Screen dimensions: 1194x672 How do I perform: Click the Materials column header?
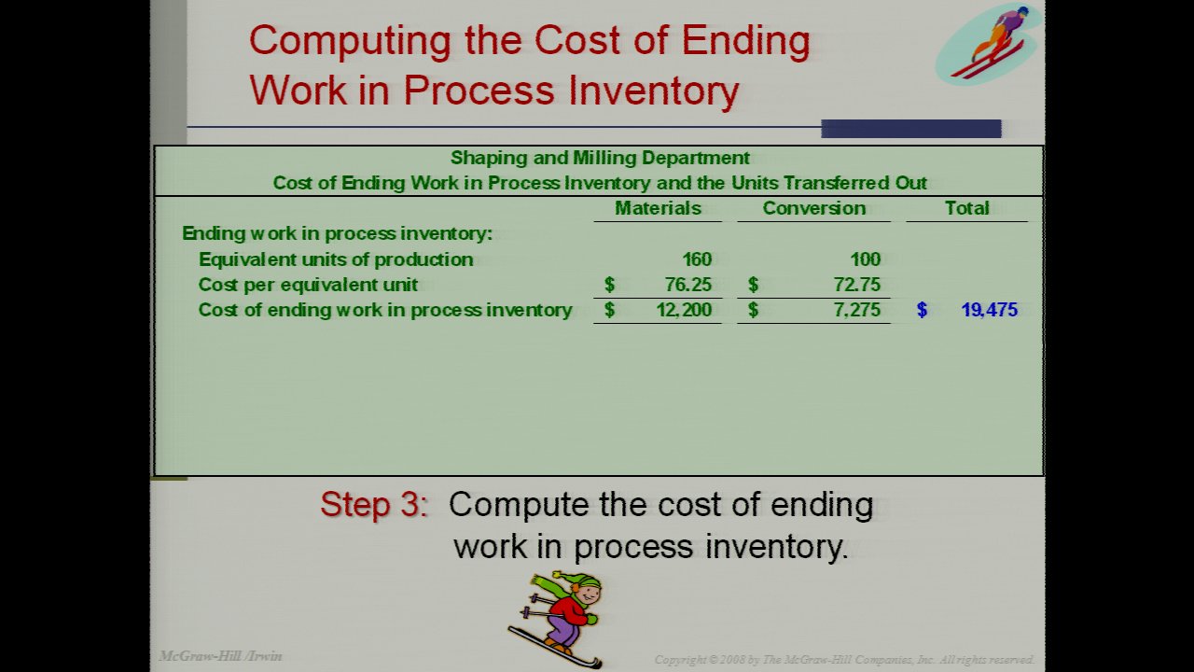point(658,208)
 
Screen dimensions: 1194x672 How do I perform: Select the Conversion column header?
point(814,208)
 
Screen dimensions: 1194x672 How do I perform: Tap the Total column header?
point(967,208)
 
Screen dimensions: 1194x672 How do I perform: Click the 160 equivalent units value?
point(697,259)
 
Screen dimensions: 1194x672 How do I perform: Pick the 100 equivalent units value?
point(865,259)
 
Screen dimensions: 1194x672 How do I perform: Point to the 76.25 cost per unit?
point(688,285)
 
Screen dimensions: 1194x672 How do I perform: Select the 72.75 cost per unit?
point(857,285)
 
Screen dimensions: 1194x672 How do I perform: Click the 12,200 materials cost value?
point(684,310)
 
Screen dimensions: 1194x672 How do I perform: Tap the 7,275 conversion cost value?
point(857,310)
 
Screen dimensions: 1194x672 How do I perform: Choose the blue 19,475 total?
point(990,310)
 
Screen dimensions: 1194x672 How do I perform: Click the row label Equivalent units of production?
point(336,259)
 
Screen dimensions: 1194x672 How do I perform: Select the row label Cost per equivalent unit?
point(308,285)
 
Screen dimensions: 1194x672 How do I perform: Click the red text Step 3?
point(374,504)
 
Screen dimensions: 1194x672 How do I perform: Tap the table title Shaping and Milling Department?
point(600,158)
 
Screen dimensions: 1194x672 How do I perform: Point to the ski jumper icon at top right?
point(989,44)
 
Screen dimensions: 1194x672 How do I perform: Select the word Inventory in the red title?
point(654,91)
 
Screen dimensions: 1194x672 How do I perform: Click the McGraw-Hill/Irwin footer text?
point(221,656)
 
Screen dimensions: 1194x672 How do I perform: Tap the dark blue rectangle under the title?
point(911,129)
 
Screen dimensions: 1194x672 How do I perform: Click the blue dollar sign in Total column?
point(923,310)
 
